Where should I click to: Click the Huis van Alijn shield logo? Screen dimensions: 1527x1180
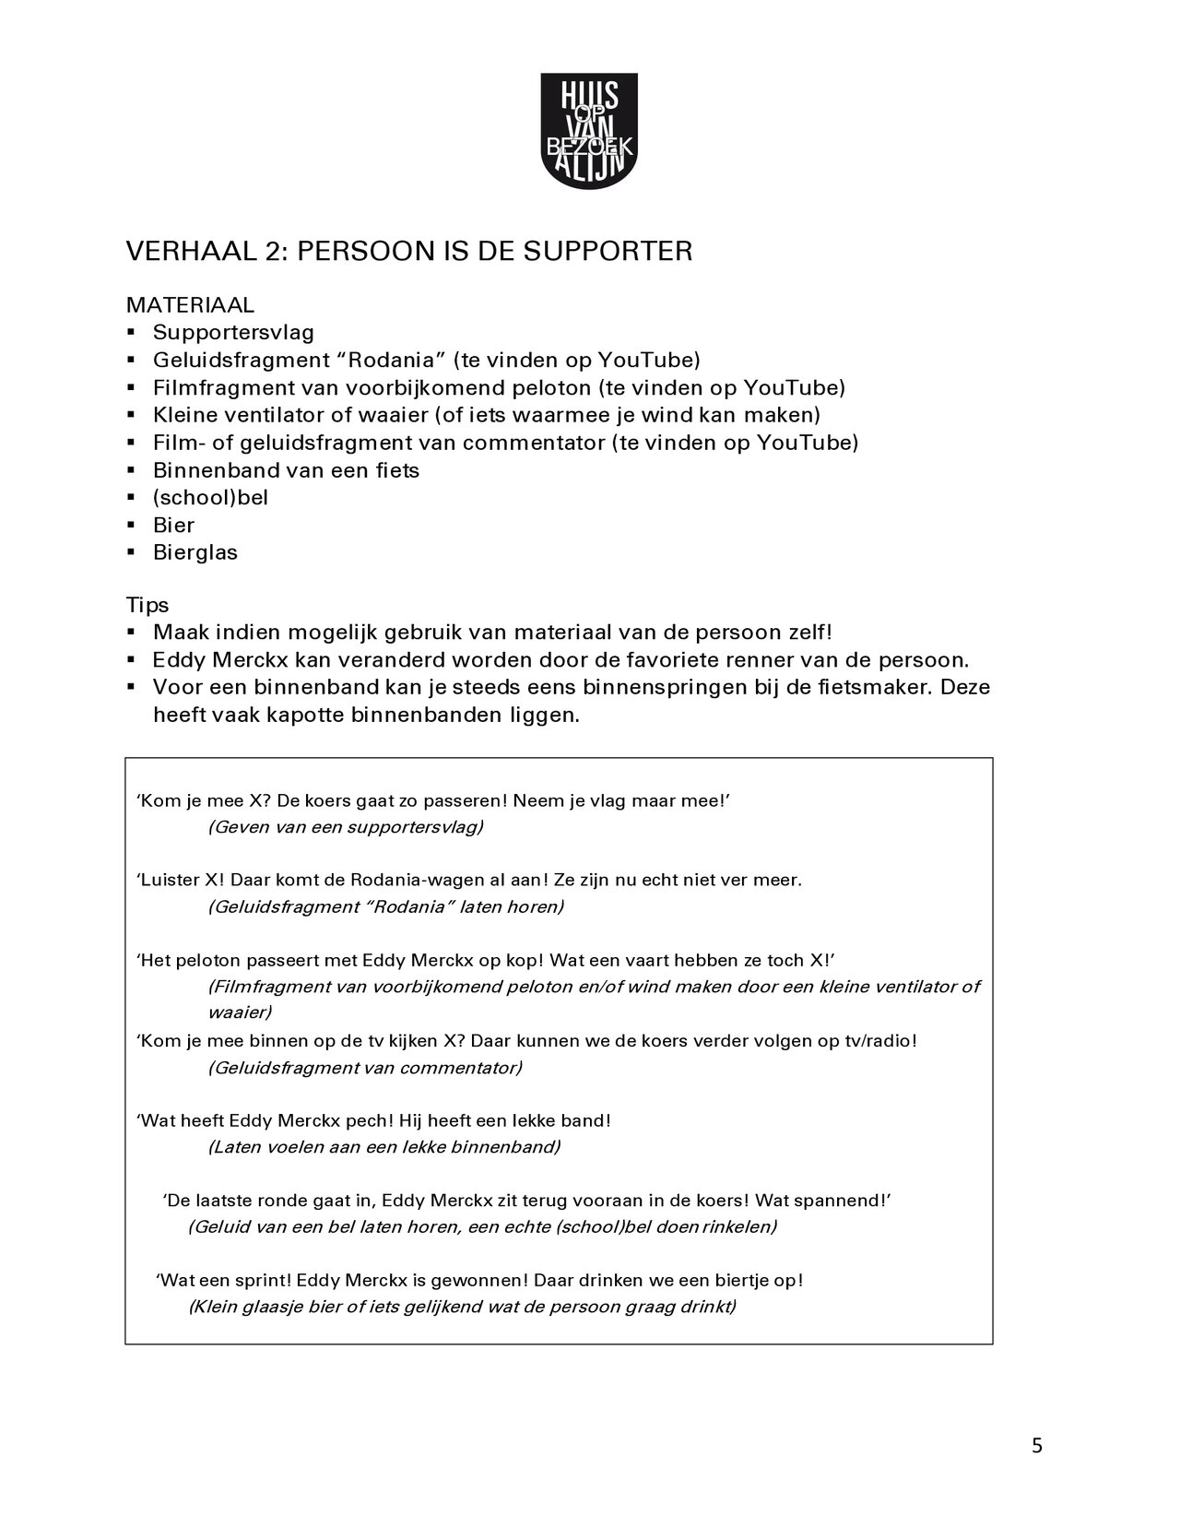(x=588, y=133)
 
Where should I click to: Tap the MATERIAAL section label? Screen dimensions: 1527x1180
(x=190, y=304)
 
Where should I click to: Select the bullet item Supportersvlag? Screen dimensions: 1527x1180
(x=233, y=332)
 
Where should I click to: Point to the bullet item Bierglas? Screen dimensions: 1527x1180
(x=195, y=553)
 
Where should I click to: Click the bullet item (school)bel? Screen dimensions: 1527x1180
(x=210, y=498)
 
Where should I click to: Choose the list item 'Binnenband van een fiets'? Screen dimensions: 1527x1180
(x=286, y=470)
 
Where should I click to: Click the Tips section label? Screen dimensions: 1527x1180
(x=147, y=605)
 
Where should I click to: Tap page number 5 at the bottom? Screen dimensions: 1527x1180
(x=1037, y=1446)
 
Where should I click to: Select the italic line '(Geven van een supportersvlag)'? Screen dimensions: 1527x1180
(x=346, y=826)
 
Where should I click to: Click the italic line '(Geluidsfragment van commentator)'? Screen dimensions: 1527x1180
(x=365, y=1068)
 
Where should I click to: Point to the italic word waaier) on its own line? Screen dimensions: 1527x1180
(x=239, y=1012)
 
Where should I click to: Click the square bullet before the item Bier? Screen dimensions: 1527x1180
(x=133, y=525)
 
